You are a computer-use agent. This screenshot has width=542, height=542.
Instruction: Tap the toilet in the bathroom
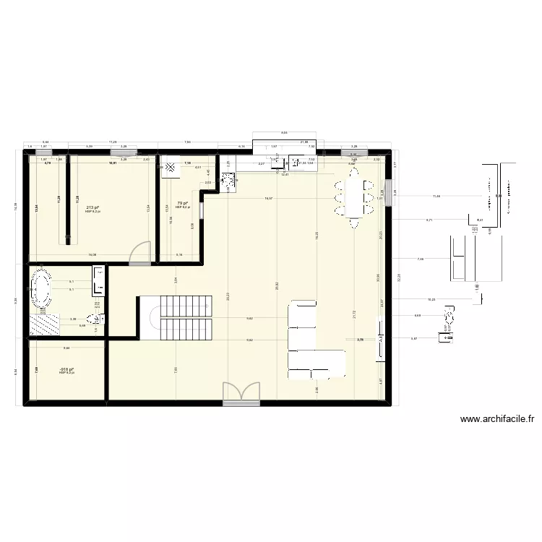click(x=94, y=317)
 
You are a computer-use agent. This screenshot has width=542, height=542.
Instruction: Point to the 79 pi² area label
click(x=183, y=204)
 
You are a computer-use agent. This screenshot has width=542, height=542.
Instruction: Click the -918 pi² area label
click(x=67, y=369)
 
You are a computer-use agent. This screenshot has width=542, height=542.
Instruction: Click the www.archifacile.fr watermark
click(x=496, y=418)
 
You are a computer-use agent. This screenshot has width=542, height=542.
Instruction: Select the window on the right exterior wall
click(x=388, y=193)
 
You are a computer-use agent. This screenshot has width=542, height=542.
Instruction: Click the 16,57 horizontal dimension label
click(x=269, y=198)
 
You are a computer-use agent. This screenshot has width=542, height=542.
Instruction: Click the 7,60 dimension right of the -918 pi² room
click(x=176, y=371)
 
